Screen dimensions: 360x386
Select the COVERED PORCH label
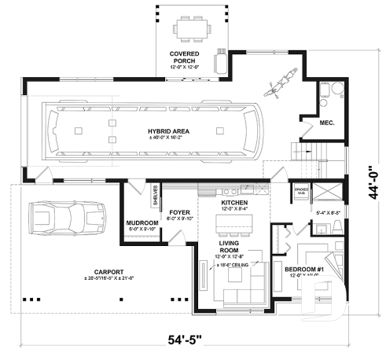[x=185, y=56]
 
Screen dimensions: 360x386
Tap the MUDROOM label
[x=142, y=223]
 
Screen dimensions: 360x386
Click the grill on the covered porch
[x=223, y=61]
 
